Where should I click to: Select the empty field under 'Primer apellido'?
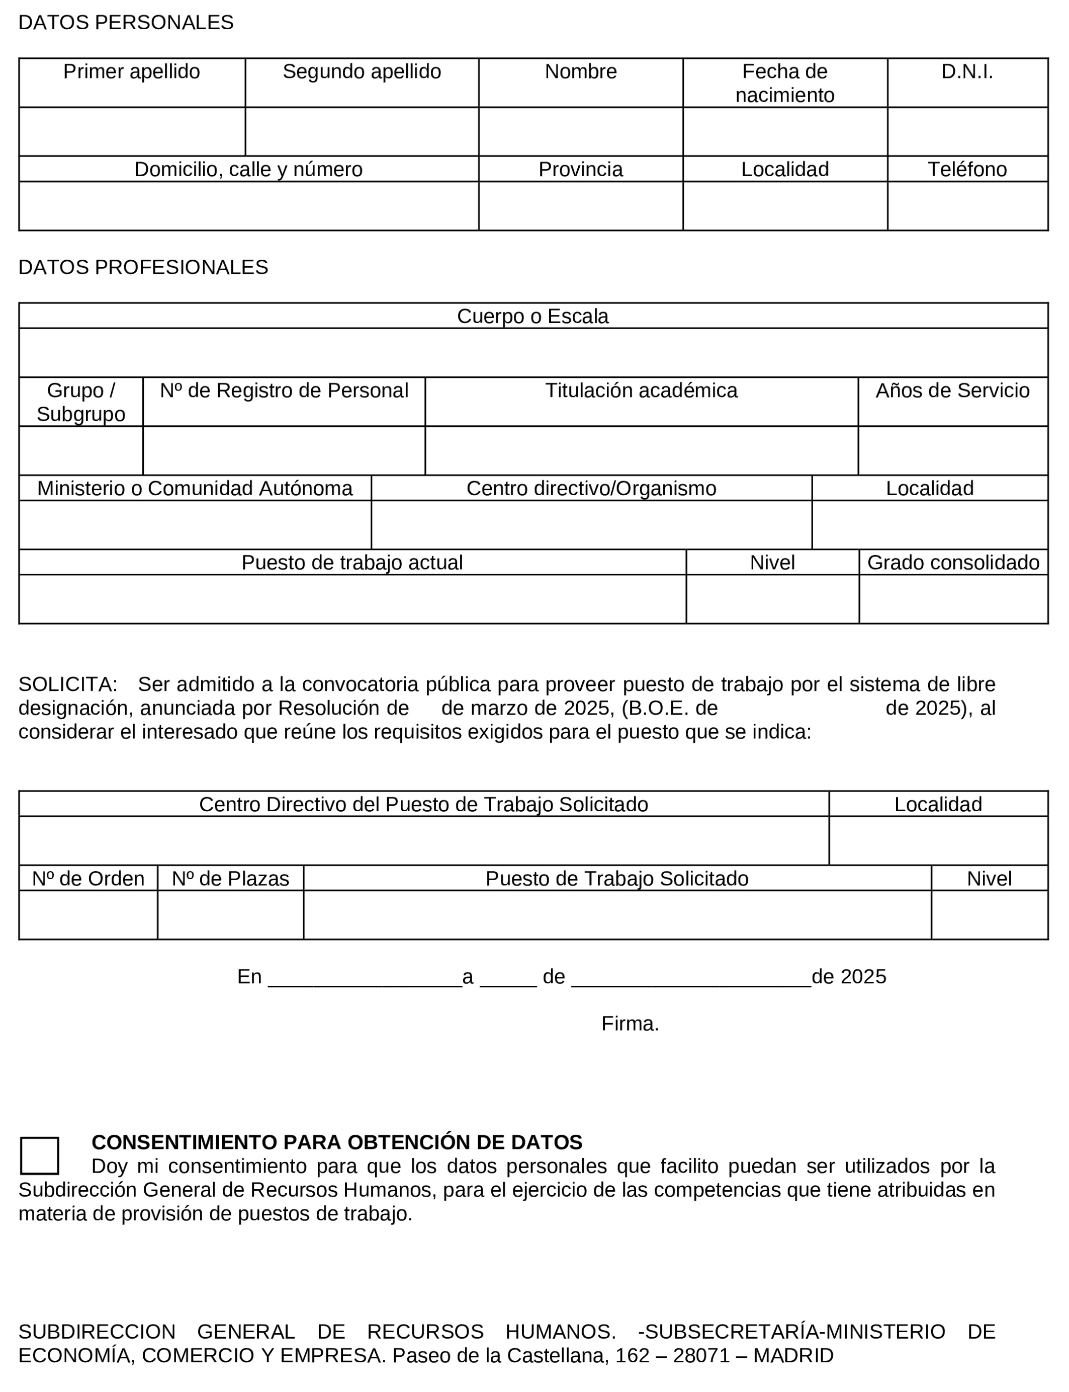pyautogui.click(x=132, y=131)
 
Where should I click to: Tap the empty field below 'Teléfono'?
pyautogui.click(x=967, y=206)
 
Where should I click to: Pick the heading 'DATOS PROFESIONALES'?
pyautogui.click(x=143, y=267)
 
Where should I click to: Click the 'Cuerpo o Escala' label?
pyautogui.click(x=532, y=317)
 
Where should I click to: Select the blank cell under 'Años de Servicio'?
pyautogui.click(x=952, y=450)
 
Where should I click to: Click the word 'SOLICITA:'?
pyautogui.click(x=68, y=684)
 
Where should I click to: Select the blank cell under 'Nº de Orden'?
pyautogui.click(x=88, y=914)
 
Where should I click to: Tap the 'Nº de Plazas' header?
pyautogui.click(x=230, y=879)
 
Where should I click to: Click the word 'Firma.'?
pyautogui.click(x=630, y=1023)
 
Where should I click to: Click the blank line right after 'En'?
pyautogui.click(x=365, y=977)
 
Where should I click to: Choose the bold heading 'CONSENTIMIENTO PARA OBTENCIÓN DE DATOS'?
pyautogui.click(x=336, y=1142)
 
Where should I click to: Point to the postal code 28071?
pyautogui.click(x=701, y=1356)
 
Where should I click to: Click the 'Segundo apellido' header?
pyautogui.click(x=362, y=72)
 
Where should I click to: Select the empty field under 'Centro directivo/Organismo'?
pyautogui.click(x=591, y=525)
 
